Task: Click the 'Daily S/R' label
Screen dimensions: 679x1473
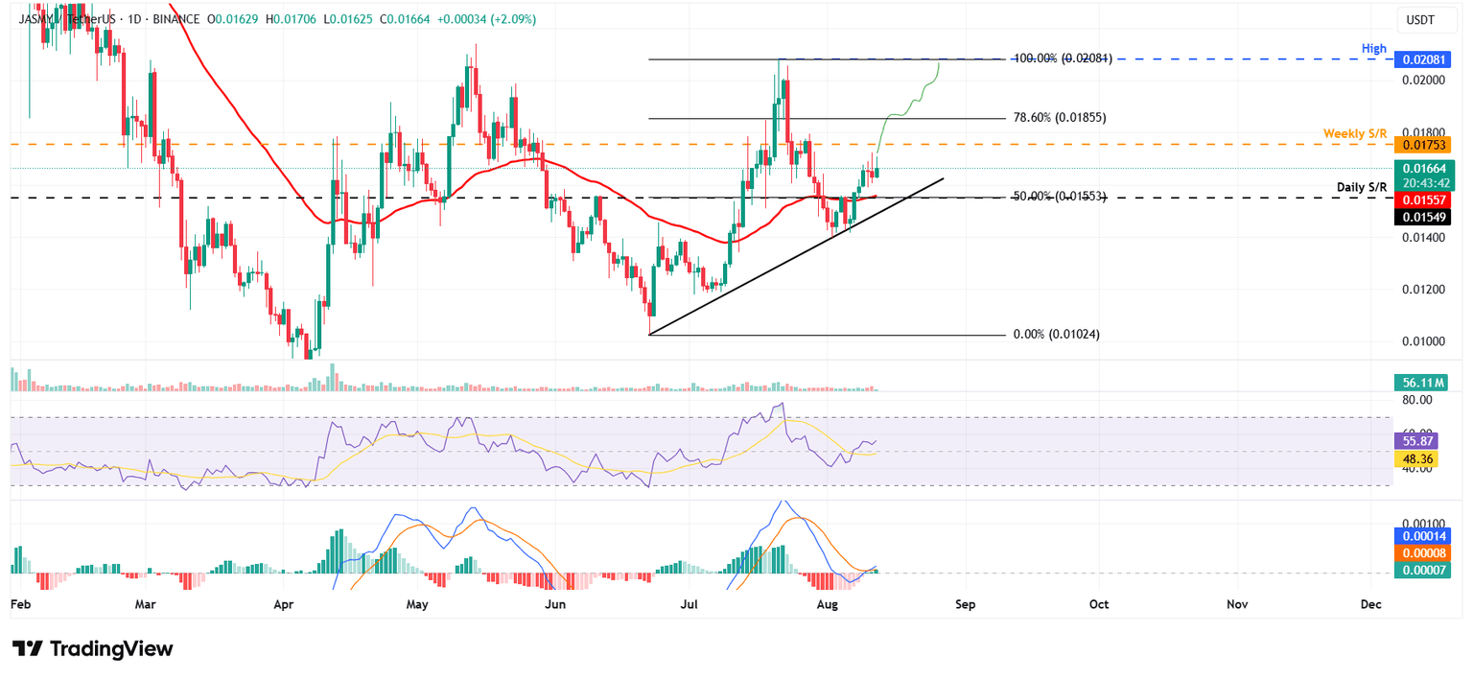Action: tap(1362, 186)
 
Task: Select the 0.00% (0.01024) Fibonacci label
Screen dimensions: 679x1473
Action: tap(1056, 335)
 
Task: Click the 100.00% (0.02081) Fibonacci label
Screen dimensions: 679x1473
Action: tap(1063, 59)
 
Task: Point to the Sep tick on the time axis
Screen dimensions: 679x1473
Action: tap(965, 605)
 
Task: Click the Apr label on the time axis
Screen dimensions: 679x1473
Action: tap(283, 605)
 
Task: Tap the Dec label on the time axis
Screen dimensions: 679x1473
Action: tap(1370, 605)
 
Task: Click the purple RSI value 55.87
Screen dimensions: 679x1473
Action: tap(1419, 442)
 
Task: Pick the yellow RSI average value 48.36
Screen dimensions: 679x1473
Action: tap(1419, 459)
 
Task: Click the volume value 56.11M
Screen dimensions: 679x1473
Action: tap(1420, 383)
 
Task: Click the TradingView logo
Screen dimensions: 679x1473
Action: tap(93, 649)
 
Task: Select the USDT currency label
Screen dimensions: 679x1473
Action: tap(1419, 18)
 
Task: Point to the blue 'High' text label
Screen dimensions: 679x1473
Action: tap(1374, 47)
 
